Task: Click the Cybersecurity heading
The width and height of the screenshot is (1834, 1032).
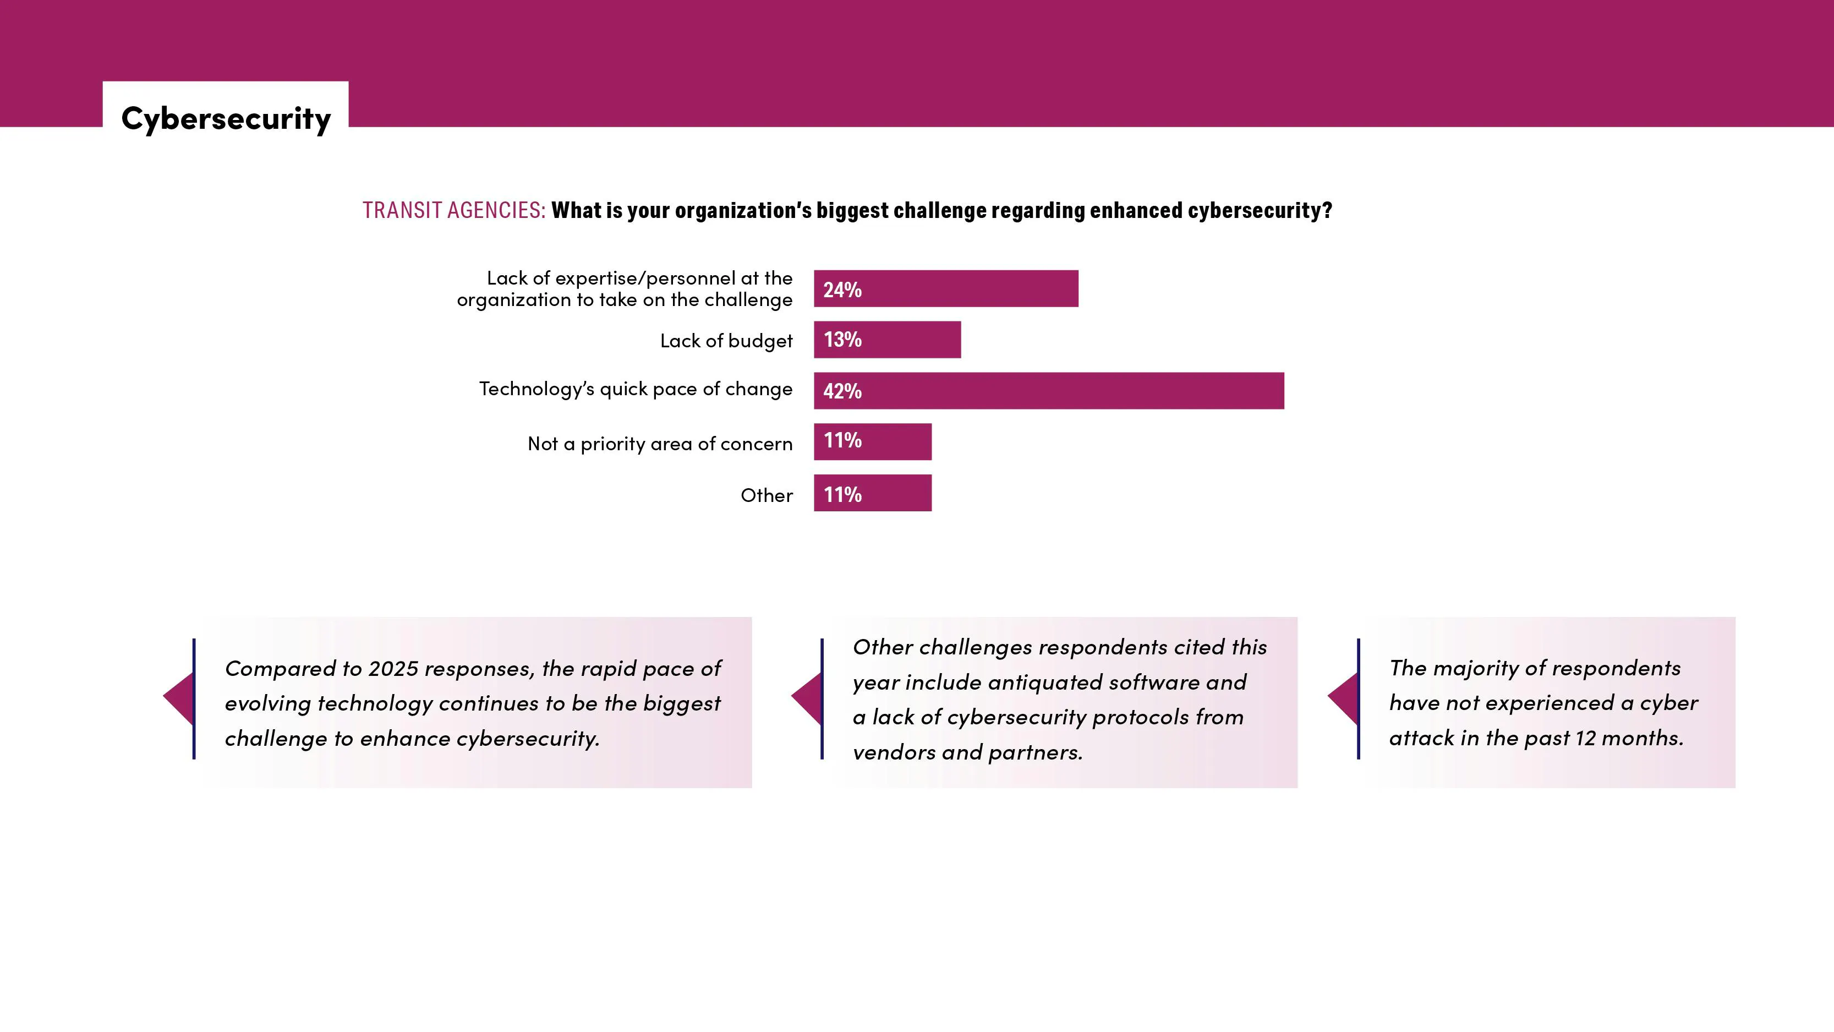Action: point(226,118)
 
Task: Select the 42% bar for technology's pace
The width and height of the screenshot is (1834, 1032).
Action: point(1048,390)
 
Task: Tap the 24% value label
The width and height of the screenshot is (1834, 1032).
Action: point(842,290)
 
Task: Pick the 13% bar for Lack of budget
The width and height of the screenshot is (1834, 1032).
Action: point(887,340)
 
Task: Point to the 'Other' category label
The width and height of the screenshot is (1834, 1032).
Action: point(766,495)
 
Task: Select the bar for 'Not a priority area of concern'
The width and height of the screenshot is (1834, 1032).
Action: point(872,441)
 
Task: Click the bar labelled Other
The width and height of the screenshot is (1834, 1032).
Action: point(872,493)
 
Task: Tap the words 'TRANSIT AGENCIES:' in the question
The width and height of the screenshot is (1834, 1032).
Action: point(453,211)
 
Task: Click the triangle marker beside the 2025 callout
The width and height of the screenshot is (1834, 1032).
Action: point(179,698)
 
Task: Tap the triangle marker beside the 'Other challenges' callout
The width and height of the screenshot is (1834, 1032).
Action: point(807,698)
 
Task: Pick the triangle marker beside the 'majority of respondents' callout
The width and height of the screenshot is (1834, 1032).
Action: point(1344,698)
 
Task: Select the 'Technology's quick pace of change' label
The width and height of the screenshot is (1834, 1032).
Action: point(635,389)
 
